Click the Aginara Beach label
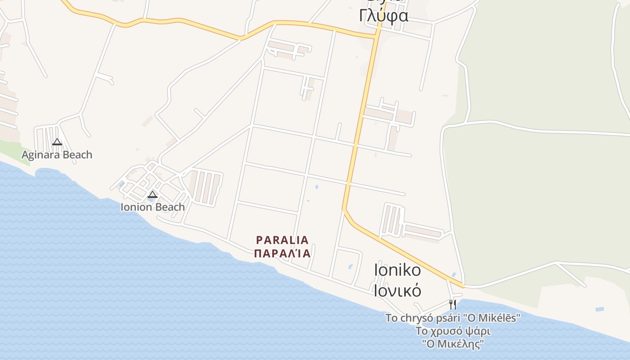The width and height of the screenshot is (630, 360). point(57,155)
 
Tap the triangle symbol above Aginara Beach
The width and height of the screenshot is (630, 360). point(57,142)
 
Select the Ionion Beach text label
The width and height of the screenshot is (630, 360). point(153,207)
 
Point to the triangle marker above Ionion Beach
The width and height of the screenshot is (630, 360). point(153,194)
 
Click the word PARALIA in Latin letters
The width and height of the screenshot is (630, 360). point(283,240)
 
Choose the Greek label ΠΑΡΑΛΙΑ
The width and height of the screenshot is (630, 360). point(283,253)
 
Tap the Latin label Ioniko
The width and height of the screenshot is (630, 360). point(398,270)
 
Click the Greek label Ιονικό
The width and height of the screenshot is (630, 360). point(398,290)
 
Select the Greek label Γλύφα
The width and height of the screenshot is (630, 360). point(384,16)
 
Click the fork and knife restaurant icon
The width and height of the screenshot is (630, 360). point(453,305)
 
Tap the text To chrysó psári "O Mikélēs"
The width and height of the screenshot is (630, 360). point(453,318)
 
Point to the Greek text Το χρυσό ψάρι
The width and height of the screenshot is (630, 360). point(453,331)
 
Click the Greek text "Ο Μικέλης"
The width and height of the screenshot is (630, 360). point(453,344)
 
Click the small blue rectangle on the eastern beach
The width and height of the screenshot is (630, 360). point(599,309)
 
